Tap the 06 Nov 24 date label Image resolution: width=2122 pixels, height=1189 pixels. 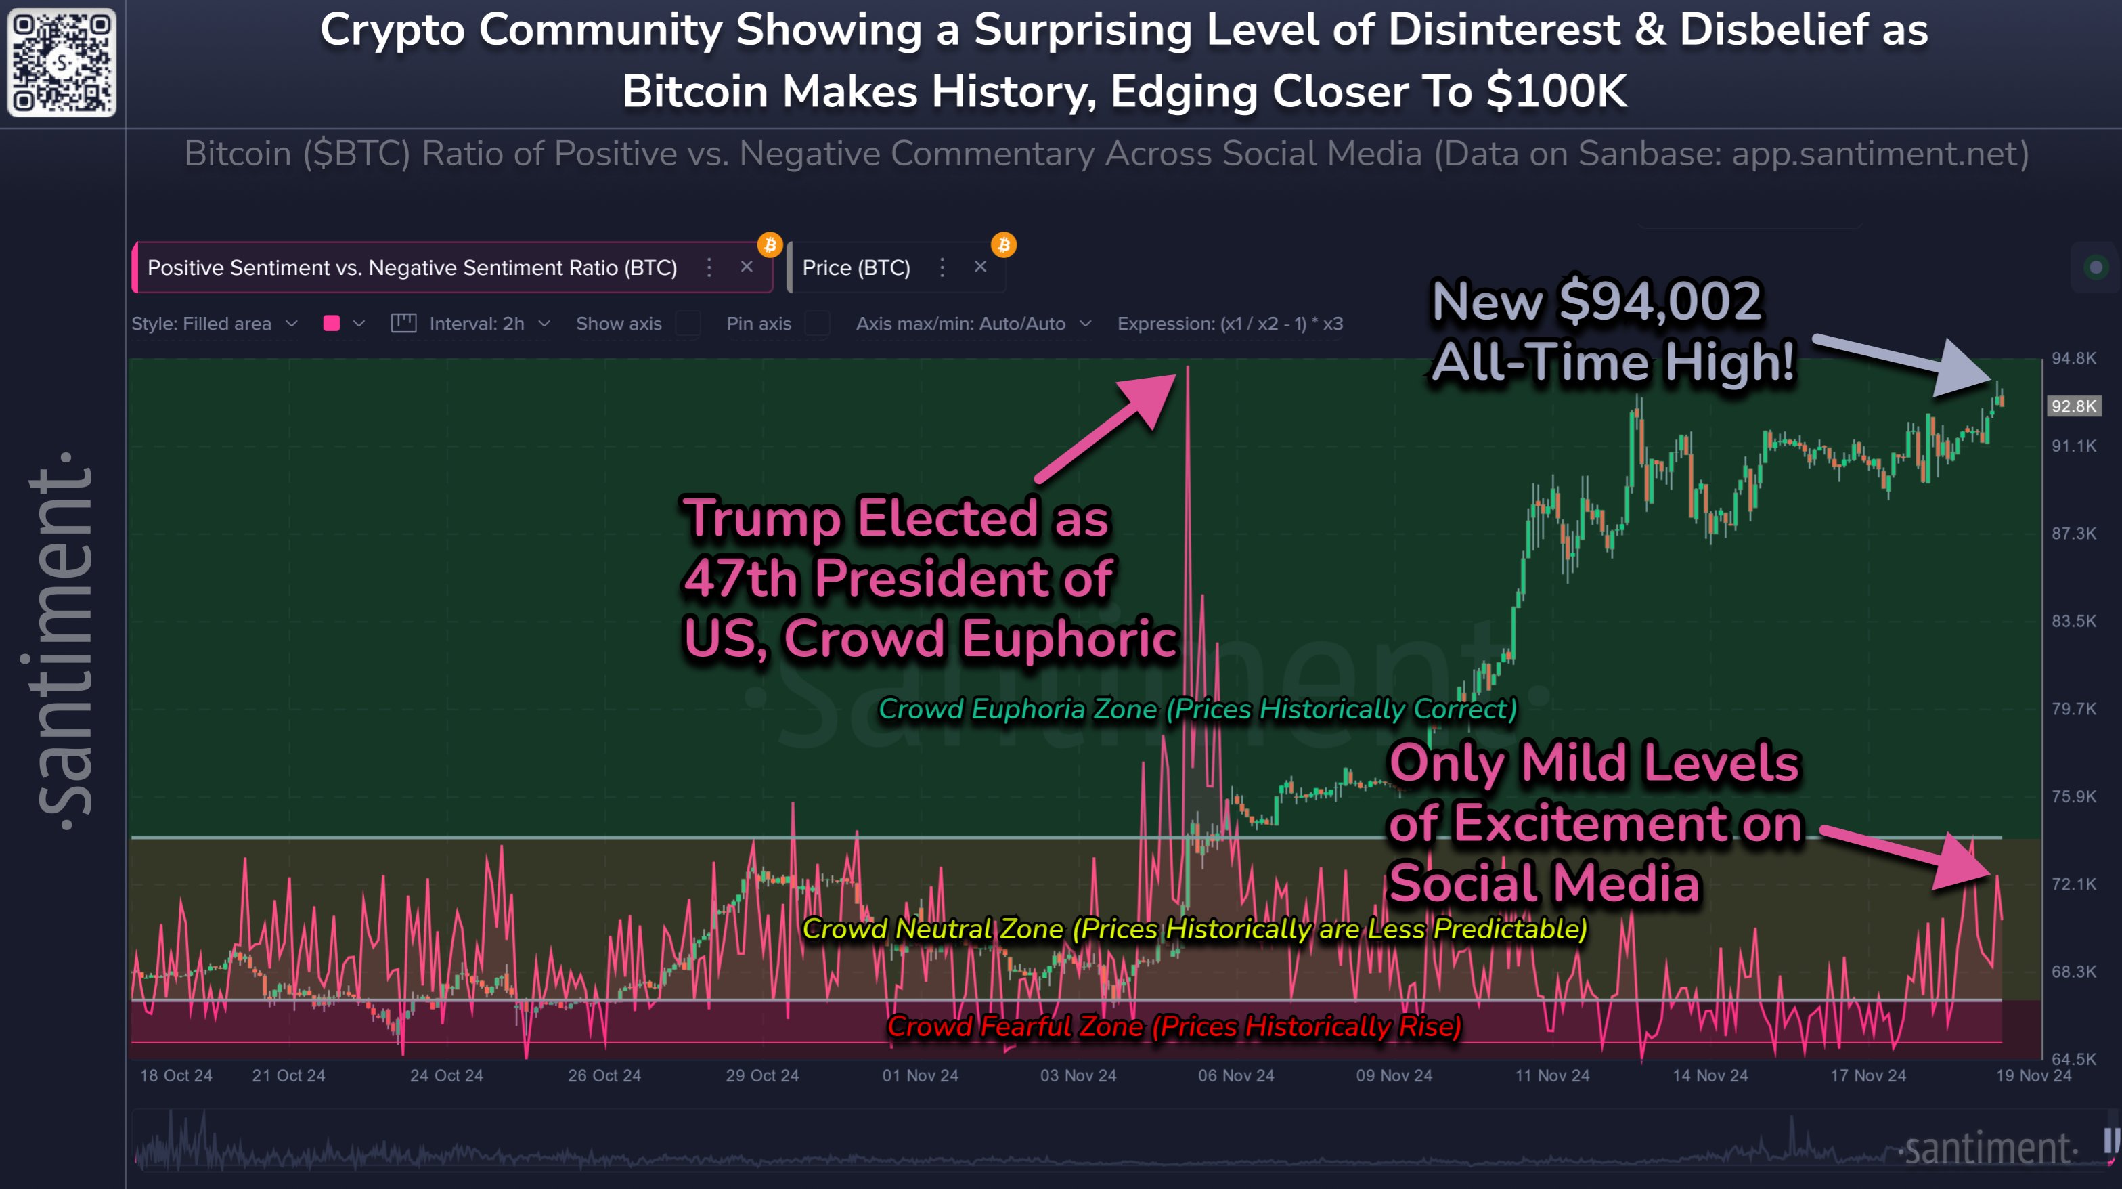point(1236,1075)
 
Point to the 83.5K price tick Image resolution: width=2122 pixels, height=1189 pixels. point(2073,620)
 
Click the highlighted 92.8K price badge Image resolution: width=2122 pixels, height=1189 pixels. point(2073,406)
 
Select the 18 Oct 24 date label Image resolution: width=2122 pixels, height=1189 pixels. point(175,1075)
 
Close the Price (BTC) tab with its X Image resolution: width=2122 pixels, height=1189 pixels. point(980,267)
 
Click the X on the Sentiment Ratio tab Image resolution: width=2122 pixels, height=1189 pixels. point(747,267)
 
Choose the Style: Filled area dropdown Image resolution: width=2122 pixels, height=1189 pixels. point(213,324)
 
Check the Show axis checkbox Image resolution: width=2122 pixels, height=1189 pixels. point(688,324)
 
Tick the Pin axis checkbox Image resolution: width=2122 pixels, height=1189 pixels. point(817,324)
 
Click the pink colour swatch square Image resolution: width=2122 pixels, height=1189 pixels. point(332,324)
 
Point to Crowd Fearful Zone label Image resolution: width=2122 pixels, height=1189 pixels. point(1174,1026)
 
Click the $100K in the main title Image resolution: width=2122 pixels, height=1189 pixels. point(1556,91)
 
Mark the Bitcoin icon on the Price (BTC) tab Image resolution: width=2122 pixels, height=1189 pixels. point(1003,244)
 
